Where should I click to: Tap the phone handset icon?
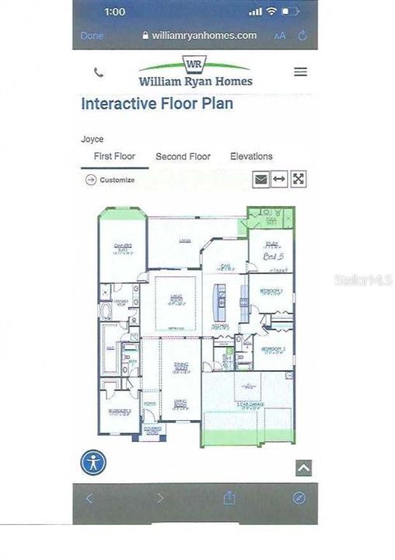coord(99,72)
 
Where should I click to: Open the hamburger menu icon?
coord(300,72)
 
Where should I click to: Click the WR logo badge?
coord(195,63)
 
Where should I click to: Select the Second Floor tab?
coord(183,156)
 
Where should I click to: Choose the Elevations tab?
coord(251,156)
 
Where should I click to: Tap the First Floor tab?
coord(114,156)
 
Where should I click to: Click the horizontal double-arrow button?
coord(279,179)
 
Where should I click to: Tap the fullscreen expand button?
coord(298,179)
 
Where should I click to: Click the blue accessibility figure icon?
coord(94,462)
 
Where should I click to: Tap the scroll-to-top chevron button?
coord(303,467)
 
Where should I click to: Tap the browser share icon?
coord(230,498)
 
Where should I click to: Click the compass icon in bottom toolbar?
coord(299,498)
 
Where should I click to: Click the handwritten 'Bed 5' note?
coord(272,256)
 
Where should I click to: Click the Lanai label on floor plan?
coord(184,242)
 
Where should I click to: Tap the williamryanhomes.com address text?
coord(204,36)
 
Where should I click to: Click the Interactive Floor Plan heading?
coord(157,104)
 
